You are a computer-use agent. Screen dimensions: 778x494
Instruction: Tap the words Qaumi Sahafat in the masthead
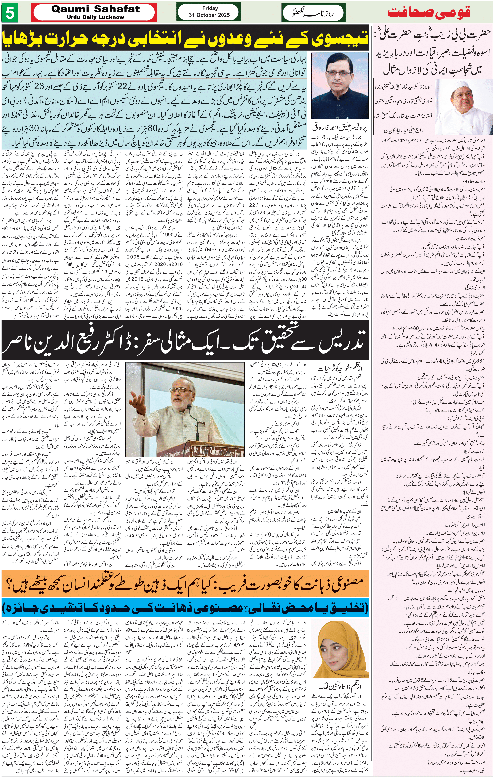[x=95, y=9]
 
